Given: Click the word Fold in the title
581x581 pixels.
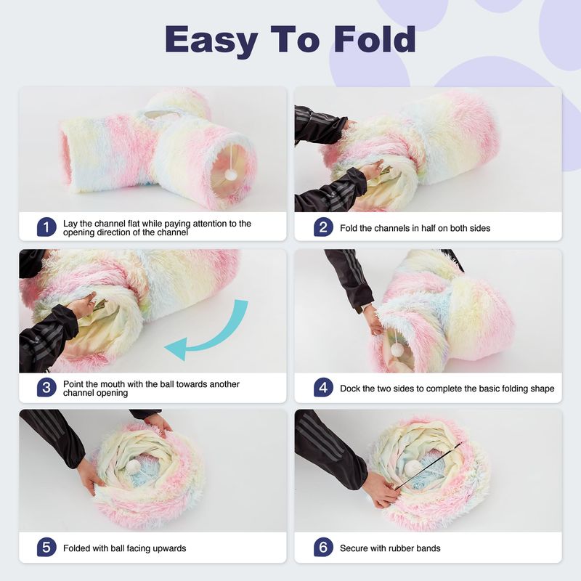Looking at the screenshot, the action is click(374, 39).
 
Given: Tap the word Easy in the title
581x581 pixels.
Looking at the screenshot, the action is click(211, 41).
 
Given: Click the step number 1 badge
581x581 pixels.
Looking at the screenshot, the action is click(46, 227).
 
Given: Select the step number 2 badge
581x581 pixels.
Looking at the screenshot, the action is click(323, 227).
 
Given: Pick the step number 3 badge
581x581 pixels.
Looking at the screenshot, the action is click(46, 387).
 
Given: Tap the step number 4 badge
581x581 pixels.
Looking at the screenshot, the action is click(323, 387).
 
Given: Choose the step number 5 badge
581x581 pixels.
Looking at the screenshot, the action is click(46, 548).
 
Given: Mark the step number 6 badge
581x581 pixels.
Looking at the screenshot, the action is click(323, 548).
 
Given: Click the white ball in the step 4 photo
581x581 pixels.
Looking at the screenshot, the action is click(397, 349).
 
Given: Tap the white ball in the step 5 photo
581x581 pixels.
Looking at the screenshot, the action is click(134, 466).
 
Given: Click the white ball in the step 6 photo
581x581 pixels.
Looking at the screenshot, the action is click(411, 468).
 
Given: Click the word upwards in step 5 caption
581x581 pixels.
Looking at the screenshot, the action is click(169, 549).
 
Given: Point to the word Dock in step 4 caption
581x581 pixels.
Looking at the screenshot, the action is click(349, 389).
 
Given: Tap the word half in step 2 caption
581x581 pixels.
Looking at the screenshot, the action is click(428, 228).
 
